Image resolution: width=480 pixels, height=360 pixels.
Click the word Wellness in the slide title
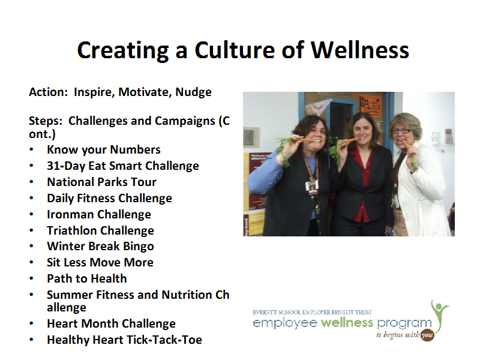point(360,50)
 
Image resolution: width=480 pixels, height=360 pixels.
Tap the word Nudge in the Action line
point(193,92)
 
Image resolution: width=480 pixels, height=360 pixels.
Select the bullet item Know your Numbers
point(104,149)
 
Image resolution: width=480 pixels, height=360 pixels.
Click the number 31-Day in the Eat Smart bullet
point(66,166)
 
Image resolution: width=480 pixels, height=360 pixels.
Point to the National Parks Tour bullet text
point(101,182)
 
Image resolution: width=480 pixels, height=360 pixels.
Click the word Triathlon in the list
point(71,230)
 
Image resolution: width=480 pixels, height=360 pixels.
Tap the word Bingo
point(139,247)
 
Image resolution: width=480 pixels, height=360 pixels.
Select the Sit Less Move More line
point(100,262)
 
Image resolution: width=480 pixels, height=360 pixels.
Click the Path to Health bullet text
point(87,278)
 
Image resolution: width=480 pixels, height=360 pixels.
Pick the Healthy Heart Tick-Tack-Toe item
point(125,340)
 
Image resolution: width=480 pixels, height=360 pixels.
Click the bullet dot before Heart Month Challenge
point(31,323)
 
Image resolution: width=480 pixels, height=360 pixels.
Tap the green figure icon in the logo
point(440,316)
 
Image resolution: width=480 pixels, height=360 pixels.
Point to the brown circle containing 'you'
point(427,335)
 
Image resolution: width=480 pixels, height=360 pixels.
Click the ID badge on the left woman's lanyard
point(313,187)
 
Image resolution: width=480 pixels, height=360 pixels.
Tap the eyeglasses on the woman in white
point(401,131)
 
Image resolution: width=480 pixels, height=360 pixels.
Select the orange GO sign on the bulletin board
point(370,106)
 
